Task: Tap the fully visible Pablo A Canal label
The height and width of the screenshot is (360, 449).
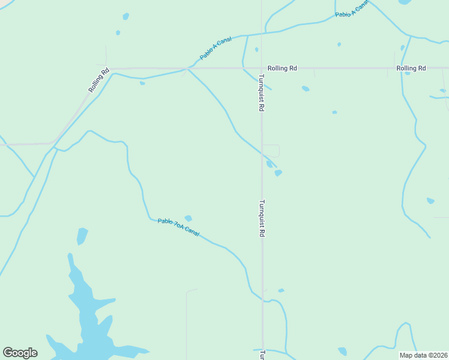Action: pos(215,48)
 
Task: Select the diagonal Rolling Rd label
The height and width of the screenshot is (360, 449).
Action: pos(99,80)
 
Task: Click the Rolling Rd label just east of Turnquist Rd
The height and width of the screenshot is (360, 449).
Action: pos(282,68)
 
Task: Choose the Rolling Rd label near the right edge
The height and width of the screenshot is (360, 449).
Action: pos(411,68)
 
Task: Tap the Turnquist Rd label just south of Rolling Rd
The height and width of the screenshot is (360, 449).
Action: pos(261,93)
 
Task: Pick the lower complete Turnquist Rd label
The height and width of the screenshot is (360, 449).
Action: pos(262,218)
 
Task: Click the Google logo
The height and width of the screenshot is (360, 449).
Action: pos(20,353)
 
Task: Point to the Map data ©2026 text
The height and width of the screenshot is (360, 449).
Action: pos(424,355)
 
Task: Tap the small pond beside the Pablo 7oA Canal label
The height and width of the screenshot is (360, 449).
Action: pos(188,218)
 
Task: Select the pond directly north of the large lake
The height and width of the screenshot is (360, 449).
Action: pos(82,236)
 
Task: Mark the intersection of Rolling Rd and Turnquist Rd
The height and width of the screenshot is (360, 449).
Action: pos(261,68)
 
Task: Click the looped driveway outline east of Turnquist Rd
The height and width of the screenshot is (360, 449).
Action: pos(271,151)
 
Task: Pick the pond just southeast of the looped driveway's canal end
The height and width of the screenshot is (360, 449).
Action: pos(278,173)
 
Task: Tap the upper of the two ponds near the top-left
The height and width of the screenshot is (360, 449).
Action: pos(125,16)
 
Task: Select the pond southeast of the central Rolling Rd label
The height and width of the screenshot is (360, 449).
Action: pos(306,89)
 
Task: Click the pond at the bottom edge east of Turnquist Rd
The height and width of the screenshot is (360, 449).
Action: pos(342,351)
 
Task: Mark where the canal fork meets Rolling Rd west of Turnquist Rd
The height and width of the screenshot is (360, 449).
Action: pos(188,69)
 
